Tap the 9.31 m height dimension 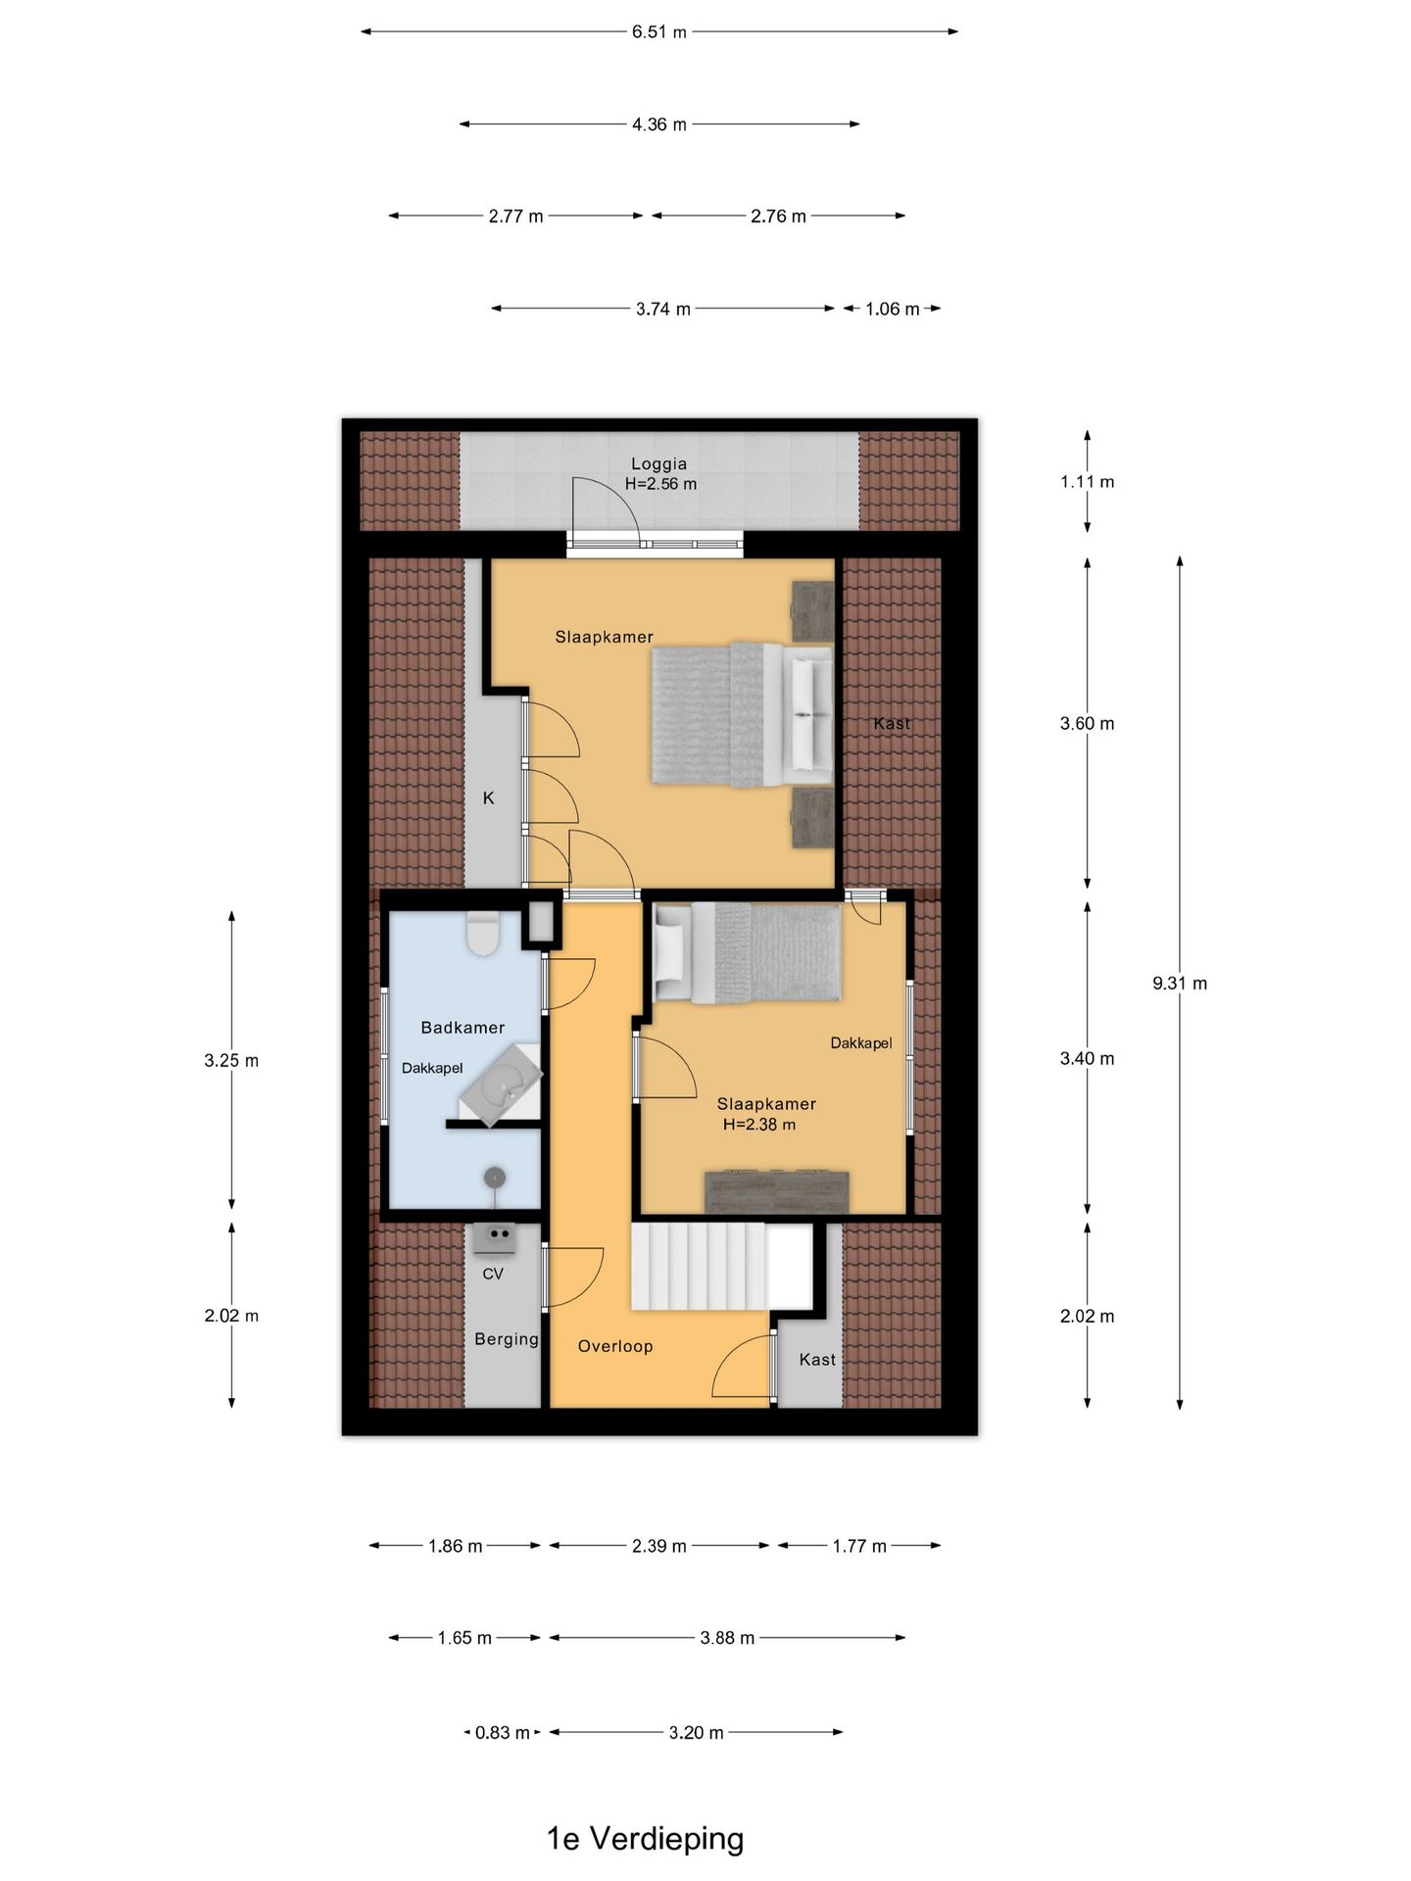pos(1180,983)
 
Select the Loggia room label pos(658,463)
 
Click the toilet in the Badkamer pos(483,934)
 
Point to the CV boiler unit pos(495,1238)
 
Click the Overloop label pos(615,1346)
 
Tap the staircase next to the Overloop pos(721,1266)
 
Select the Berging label pos(507,1339)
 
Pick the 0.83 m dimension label pos(503,1732)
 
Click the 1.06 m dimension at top pos(893,309)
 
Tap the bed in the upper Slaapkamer pos(743,714)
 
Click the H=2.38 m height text pos(759,1125)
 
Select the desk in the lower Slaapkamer pos(777,1191)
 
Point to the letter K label pos(489,798)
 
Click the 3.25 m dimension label pos(231,1060)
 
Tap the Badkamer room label pos(462,1028)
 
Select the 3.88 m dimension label pos(727,1638)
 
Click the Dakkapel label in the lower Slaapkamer pos(861,1043)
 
